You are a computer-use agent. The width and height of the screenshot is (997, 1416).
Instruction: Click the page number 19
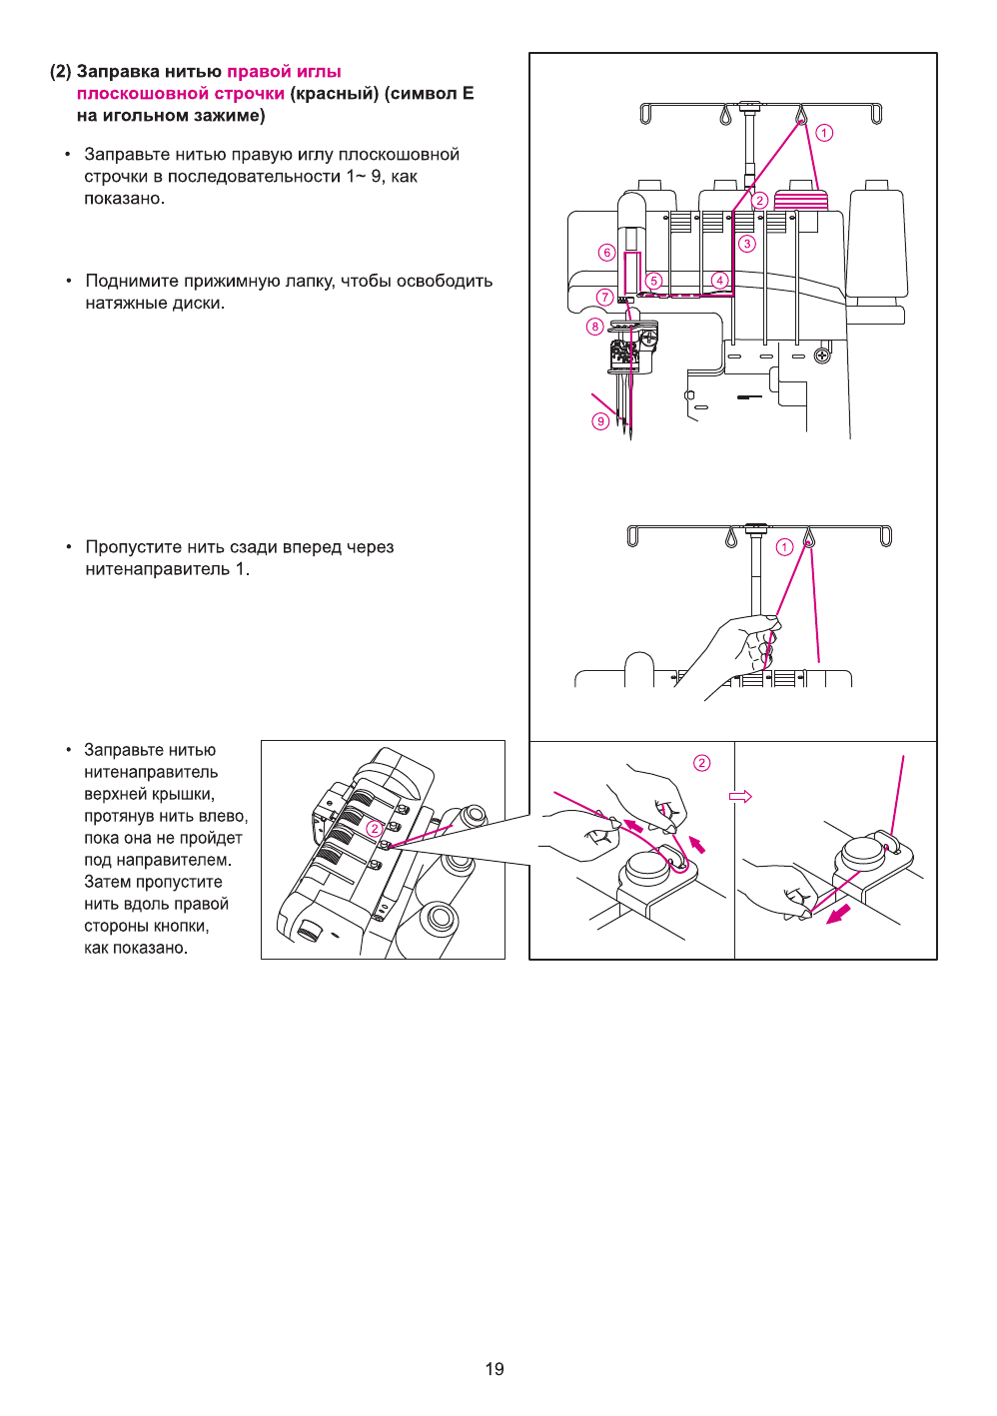click(x=495, y=1369)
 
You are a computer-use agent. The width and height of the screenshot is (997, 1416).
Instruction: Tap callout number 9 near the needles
click(x=600, y=421)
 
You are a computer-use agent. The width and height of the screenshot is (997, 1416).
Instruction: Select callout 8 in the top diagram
click(x=595, y=327)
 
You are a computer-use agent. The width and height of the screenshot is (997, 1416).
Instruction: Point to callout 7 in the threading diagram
click(x=604, y=297)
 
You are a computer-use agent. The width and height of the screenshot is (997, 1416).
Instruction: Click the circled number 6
click(x=606, y=253)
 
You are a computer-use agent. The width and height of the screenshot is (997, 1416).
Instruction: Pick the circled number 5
click(x=654, y=281)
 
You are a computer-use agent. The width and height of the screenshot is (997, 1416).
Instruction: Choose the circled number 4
click(x=719, y=280)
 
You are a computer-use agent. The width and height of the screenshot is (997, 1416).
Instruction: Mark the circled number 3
click(x=747, y=244)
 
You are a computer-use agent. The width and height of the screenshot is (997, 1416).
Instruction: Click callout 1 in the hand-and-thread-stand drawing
click(x=784, y=546)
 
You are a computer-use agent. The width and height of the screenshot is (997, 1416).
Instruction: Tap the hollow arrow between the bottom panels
click(x=740, y=796)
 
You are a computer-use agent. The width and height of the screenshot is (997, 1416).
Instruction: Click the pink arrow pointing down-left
click(x=838, y=913)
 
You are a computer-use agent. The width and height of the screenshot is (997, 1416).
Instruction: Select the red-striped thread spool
click(x=800, y=197)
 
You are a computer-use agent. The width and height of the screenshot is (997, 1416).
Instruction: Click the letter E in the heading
click(x=468, y=94)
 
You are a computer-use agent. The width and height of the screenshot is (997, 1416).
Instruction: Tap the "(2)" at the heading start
click(x=61, y=72)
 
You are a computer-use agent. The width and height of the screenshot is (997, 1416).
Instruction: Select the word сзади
click(x=254, y=547)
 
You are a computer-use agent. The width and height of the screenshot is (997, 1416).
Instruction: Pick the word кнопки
click(x=180, y=926)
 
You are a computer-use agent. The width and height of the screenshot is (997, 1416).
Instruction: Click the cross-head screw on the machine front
click(x=823, y=354)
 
